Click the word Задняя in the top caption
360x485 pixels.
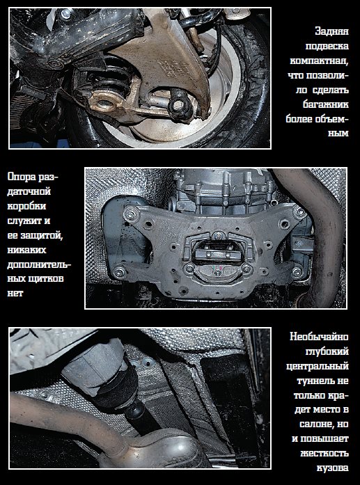[x=332, y=31]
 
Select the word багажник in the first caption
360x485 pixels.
[x=326, y=104]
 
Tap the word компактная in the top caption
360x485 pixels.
[x=320, y=61]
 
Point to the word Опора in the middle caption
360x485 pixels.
[x=22, y=177]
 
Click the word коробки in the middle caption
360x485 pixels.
[x=26, y=206]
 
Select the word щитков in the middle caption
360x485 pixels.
[x=47, y=279]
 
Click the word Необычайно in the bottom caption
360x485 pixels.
[x=319, y=337]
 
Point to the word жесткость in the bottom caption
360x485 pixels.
[x=324, y=454]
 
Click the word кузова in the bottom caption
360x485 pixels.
[x=333, y=468]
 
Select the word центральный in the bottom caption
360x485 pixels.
[x=318, y=366]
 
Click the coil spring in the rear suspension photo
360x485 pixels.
[x=113, y=77]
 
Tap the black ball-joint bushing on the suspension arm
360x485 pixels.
[x=180, y=104]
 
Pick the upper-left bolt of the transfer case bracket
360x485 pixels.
[x=132, y=214]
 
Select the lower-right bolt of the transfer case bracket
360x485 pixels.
[x=297, y=271]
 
